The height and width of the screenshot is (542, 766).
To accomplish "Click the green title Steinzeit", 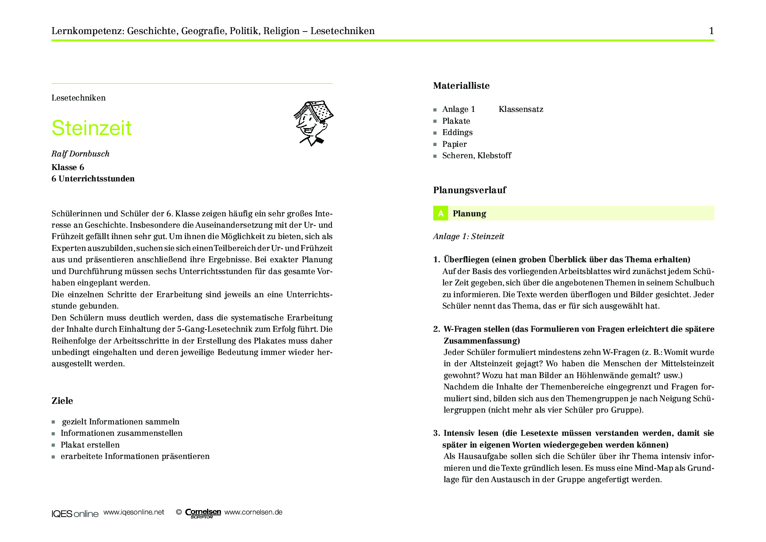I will tap(91, 128).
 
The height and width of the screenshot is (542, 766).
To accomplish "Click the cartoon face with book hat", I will tap(313, 123).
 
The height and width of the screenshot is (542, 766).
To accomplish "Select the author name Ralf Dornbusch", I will tap(80, 154).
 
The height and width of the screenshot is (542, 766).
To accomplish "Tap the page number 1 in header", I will tap(711, 31).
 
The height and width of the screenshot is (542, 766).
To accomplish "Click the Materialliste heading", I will tap(461, 86).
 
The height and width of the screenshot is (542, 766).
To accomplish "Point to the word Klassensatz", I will tap(521, 109).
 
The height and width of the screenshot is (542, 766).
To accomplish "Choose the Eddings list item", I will tap(457, 132).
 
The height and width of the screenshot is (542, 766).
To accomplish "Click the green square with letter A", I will tap(441, 213).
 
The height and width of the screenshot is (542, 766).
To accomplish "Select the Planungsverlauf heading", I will tap(469, 190).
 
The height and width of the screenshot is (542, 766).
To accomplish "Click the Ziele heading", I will tap(62, 401).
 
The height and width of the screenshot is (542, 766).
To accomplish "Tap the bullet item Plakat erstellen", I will tap(90, 445).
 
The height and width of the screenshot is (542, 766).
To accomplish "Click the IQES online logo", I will tap(75, 514).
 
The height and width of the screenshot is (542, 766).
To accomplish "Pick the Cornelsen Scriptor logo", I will tap(203, 513).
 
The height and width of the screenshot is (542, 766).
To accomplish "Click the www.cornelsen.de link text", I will tap(253, 512).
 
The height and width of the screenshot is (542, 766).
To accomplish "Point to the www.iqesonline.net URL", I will tap(134, 512).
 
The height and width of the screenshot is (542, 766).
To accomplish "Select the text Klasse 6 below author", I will tap(68, 167).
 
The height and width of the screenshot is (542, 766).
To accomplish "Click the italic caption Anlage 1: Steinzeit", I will tap(469, 236).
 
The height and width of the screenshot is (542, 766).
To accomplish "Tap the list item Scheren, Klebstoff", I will tap(476, 156).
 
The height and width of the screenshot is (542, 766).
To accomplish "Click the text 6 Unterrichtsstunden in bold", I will tap(93, 179).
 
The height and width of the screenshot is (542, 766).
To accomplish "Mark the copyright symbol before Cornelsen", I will tap(179, 512).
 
